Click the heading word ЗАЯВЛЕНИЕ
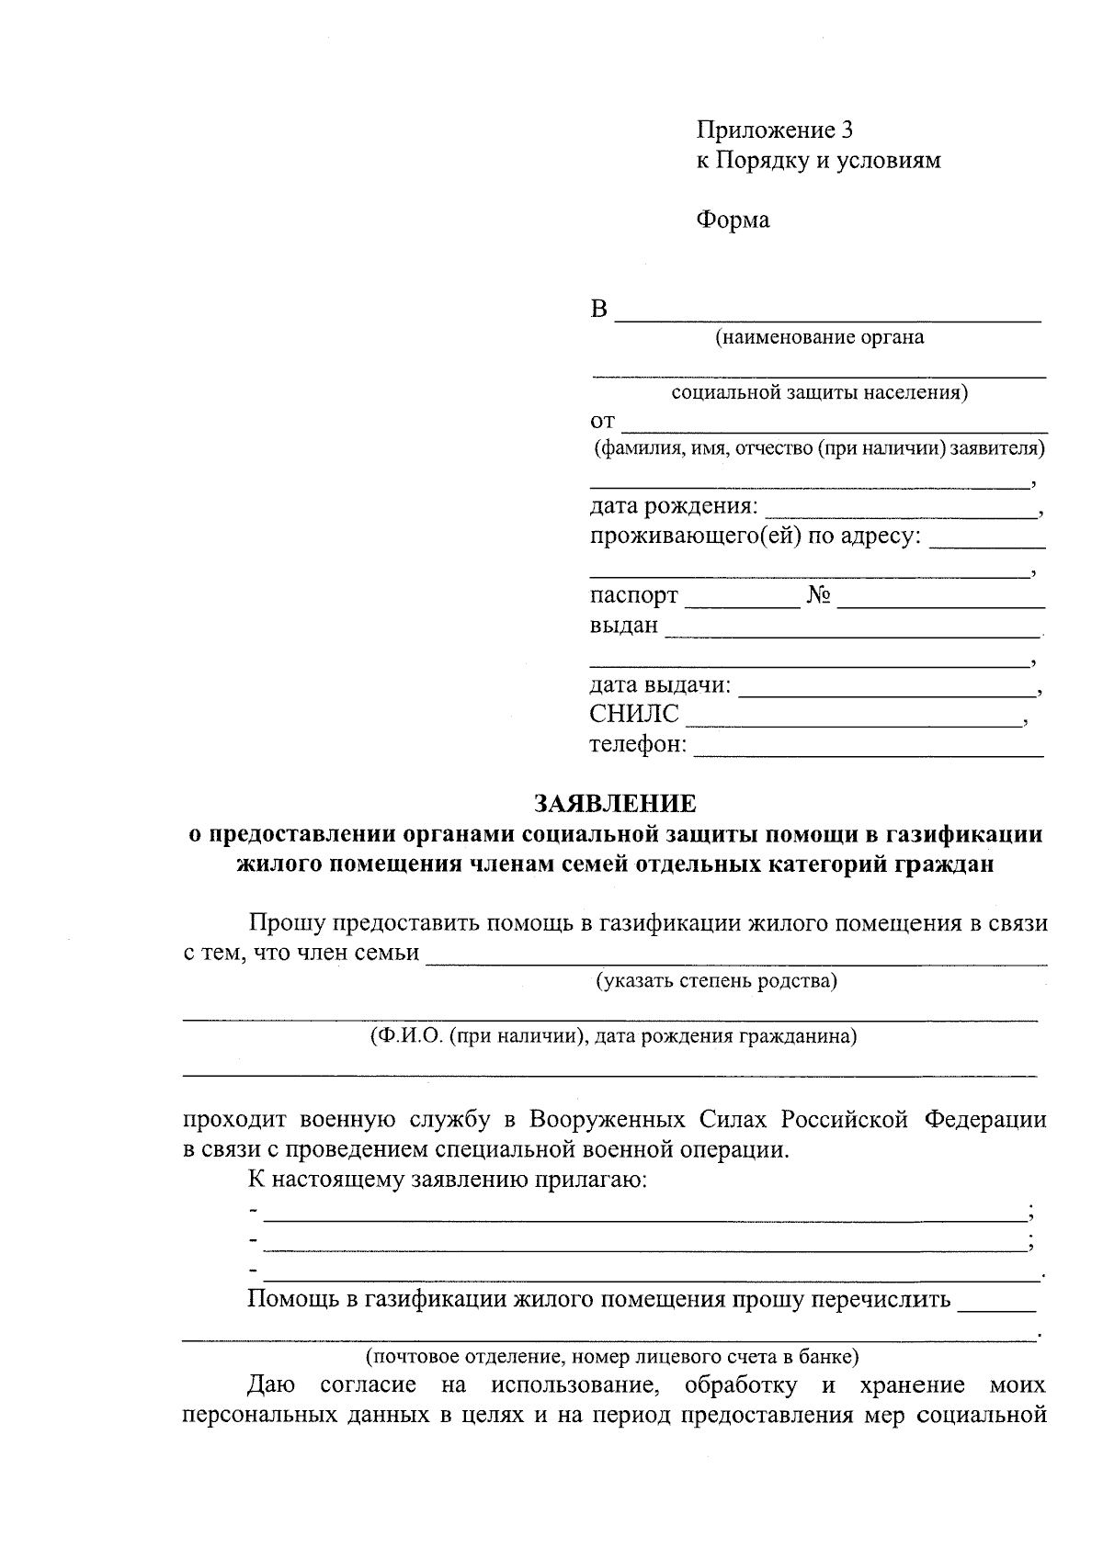click(615, 804)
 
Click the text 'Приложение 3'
click(768, 130)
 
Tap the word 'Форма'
click(732, 220)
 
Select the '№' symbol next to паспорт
click(819, 596)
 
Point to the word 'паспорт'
click(633, 596)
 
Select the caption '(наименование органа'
click(820, 337)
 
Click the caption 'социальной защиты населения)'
click(820, 393)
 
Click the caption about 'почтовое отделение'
click(612, 1355)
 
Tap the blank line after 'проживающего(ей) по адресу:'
click(985, 542)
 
